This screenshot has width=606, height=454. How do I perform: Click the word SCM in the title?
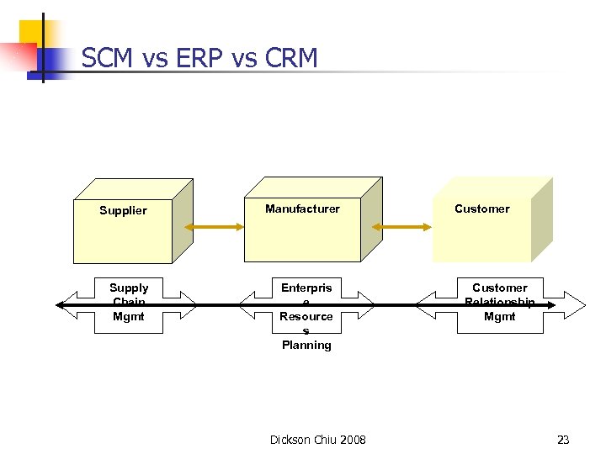(x=109, y=58)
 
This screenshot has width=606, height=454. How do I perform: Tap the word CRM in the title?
(x=290, y=58)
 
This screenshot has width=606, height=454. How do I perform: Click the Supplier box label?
(x=123, y=210)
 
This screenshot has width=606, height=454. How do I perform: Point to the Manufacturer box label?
(x=302, y=209)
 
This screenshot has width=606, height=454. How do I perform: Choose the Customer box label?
(x=481, y=209)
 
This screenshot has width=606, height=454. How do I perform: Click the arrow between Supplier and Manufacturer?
(x=215, y=226)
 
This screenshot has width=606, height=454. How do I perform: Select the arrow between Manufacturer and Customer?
(x=403, y=226)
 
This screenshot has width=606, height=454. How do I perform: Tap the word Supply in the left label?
(x=129, y=288)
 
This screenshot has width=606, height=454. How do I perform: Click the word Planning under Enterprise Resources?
(x=306, y=345)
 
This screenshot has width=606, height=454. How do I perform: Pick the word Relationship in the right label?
(x=499, y=302)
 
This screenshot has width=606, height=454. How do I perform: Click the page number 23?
(x=563, y=440)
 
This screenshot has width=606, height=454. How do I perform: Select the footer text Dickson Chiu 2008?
(x=317, y=440)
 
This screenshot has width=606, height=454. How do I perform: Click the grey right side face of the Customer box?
(x=542, y=220)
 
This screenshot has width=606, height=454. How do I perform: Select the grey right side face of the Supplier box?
(x=183, y=221)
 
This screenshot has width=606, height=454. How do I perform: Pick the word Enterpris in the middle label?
(x=306, y=288)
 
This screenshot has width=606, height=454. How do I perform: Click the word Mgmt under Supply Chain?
(x=129, y=317)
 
